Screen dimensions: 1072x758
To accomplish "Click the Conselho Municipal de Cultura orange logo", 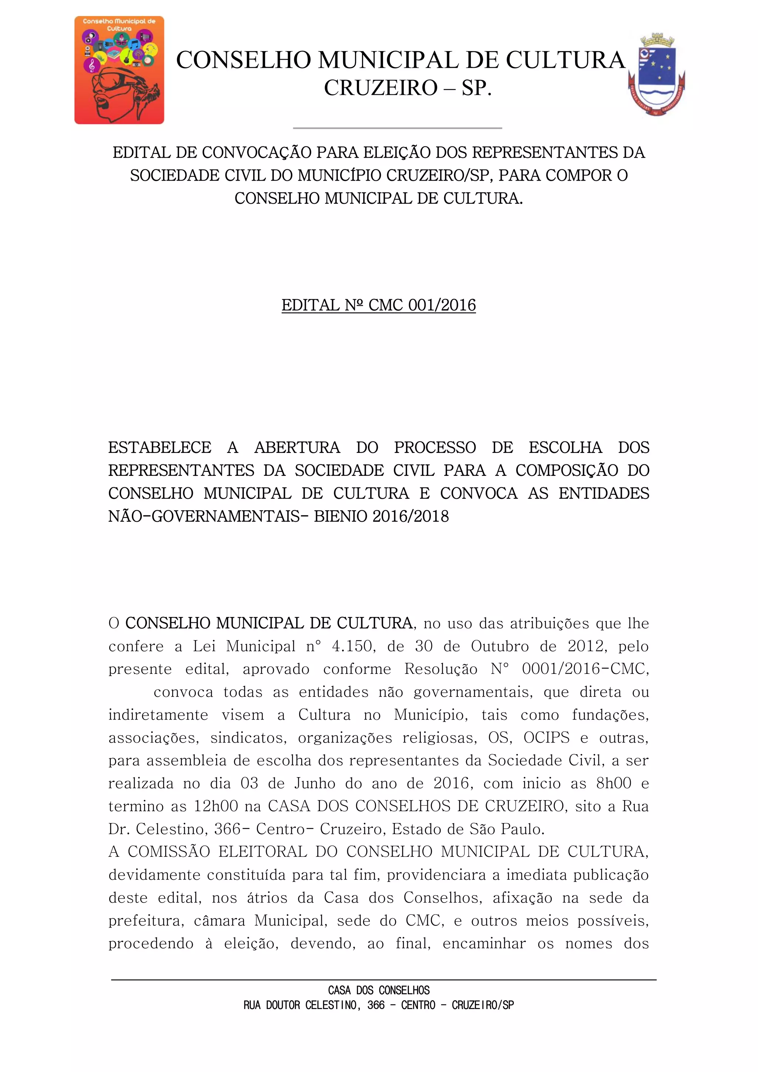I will coord(119,70).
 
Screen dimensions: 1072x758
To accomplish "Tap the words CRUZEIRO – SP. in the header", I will coord(408,88).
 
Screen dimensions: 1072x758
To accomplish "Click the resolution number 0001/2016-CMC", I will coord(585,669).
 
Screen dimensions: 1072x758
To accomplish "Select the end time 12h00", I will coord(216,806).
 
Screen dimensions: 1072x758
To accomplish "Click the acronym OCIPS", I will coord(546,738).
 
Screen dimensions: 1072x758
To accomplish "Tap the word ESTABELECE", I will coord(160,447).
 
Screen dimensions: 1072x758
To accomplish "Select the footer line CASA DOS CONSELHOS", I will coord(379,990).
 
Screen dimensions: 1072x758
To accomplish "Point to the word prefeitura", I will coord(145,921).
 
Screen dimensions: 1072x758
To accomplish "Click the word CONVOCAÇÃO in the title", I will coord(258,153).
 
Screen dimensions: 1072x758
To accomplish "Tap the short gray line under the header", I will coord(397,127).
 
